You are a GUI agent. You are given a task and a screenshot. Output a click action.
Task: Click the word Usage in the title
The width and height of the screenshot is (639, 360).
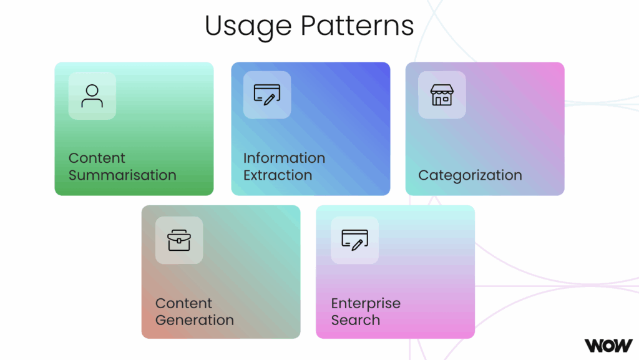[248, 26]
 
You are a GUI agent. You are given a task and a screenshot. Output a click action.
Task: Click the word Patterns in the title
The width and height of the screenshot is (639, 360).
[358, 26]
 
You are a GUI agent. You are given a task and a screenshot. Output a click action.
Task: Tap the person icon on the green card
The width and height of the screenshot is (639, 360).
[92, 95]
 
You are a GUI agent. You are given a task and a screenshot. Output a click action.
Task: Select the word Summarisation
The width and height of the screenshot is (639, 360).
[122, 175]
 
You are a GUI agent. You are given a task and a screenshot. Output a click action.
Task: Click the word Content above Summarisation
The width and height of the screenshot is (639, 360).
[97, 158]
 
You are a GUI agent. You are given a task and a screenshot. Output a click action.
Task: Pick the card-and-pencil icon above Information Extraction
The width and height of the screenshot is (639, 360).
[266, 95]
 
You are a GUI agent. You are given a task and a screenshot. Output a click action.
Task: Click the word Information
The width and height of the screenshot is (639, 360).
[284, 158]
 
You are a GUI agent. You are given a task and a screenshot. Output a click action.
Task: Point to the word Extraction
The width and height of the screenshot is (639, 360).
[278, 175]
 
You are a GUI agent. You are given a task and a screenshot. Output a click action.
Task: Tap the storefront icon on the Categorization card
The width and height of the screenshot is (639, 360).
[441, 95]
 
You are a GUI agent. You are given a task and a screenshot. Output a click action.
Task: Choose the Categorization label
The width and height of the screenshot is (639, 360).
[470, 175]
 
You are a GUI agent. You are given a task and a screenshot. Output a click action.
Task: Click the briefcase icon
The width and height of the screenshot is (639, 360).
[179, 240]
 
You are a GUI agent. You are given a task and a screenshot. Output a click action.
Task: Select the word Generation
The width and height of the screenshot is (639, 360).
[195, 320]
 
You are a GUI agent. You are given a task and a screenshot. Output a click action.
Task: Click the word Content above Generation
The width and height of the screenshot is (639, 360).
[184, 304]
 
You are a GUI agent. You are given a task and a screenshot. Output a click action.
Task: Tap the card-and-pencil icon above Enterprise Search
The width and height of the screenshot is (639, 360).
[354, 240]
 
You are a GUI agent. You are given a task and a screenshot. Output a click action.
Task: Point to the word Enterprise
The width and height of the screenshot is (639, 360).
[366, 304]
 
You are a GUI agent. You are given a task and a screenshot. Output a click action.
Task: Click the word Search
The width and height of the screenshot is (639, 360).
[355, 320]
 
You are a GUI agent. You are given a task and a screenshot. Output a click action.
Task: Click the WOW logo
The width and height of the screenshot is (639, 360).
[608, 345]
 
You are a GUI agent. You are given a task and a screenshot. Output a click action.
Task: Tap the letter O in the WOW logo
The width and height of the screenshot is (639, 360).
[608, 345]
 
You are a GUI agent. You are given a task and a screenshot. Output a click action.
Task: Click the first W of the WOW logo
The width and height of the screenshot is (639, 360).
[593, 345]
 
